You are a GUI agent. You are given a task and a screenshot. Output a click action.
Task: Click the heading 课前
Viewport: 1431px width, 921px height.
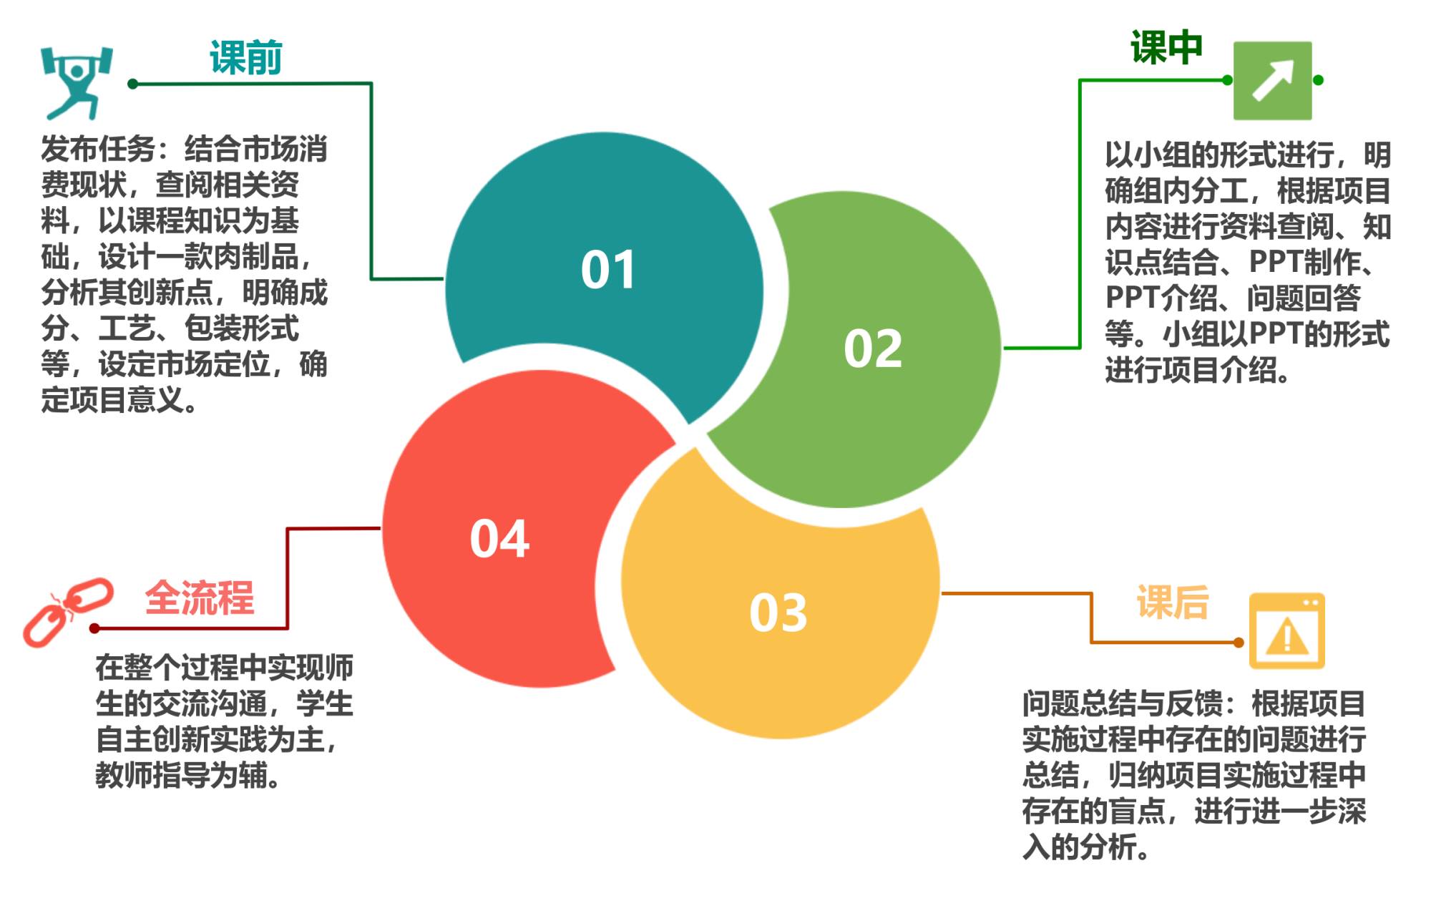[245, 57]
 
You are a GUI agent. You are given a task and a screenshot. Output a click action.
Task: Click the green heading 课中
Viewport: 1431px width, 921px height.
[1166, 47]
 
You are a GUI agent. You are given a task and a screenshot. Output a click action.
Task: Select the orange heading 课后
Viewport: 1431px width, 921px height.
[1173, 602]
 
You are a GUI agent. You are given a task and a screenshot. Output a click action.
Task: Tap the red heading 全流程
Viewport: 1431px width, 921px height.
[200, 598]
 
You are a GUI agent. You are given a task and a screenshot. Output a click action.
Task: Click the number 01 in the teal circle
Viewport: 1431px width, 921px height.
[608, 270]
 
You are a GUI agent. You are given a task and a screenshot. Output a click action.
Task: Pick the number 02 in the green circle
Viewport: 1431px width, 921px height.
[873, 349]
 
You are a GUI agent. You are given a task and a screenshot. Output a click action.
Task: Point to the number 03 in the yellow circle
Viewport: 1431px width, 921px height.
[778, 613]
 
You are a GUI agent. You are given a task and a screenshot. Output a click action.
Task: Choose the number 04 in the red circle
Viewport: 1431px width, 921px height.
[499, 538]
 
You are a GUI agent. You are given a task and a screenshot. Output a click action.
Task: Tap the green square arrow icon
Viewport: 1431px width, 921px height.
[1272, 80]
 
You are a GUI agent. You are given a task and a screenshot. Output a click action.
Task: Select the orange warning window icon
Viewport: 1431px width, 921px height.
[1286, 631]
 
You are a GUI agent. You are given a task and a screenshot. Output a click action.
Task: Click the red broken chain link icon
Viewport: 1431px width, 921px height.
[68, 612]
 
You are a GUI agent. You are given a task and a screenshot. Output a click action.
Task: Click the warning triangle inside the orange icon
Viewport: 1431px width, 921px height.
[1286, 637]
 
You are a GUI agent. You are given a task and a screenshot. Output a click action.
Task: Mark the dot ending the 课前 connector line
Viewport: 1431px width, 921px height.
[132, 84]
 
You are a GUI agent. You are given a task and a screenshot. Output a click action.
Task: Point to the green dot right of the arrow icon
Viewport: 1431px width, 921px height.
[1318, 80]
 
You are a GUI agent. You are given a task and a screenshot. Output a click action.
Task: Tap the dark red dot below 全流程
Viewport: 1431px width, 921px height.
[94, 628]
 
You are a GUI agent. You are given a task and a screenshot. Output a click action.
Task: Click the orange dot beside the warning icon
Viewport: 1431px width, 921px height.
[1239, 643]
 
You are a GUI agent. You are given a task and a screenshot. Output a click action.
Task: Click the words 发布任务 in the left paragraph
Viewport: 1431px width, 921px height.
[98, 150]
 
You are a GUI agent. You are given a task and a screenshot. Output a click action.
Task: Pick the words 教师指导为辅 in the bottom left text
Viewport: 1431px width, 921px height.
[182, 775]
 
